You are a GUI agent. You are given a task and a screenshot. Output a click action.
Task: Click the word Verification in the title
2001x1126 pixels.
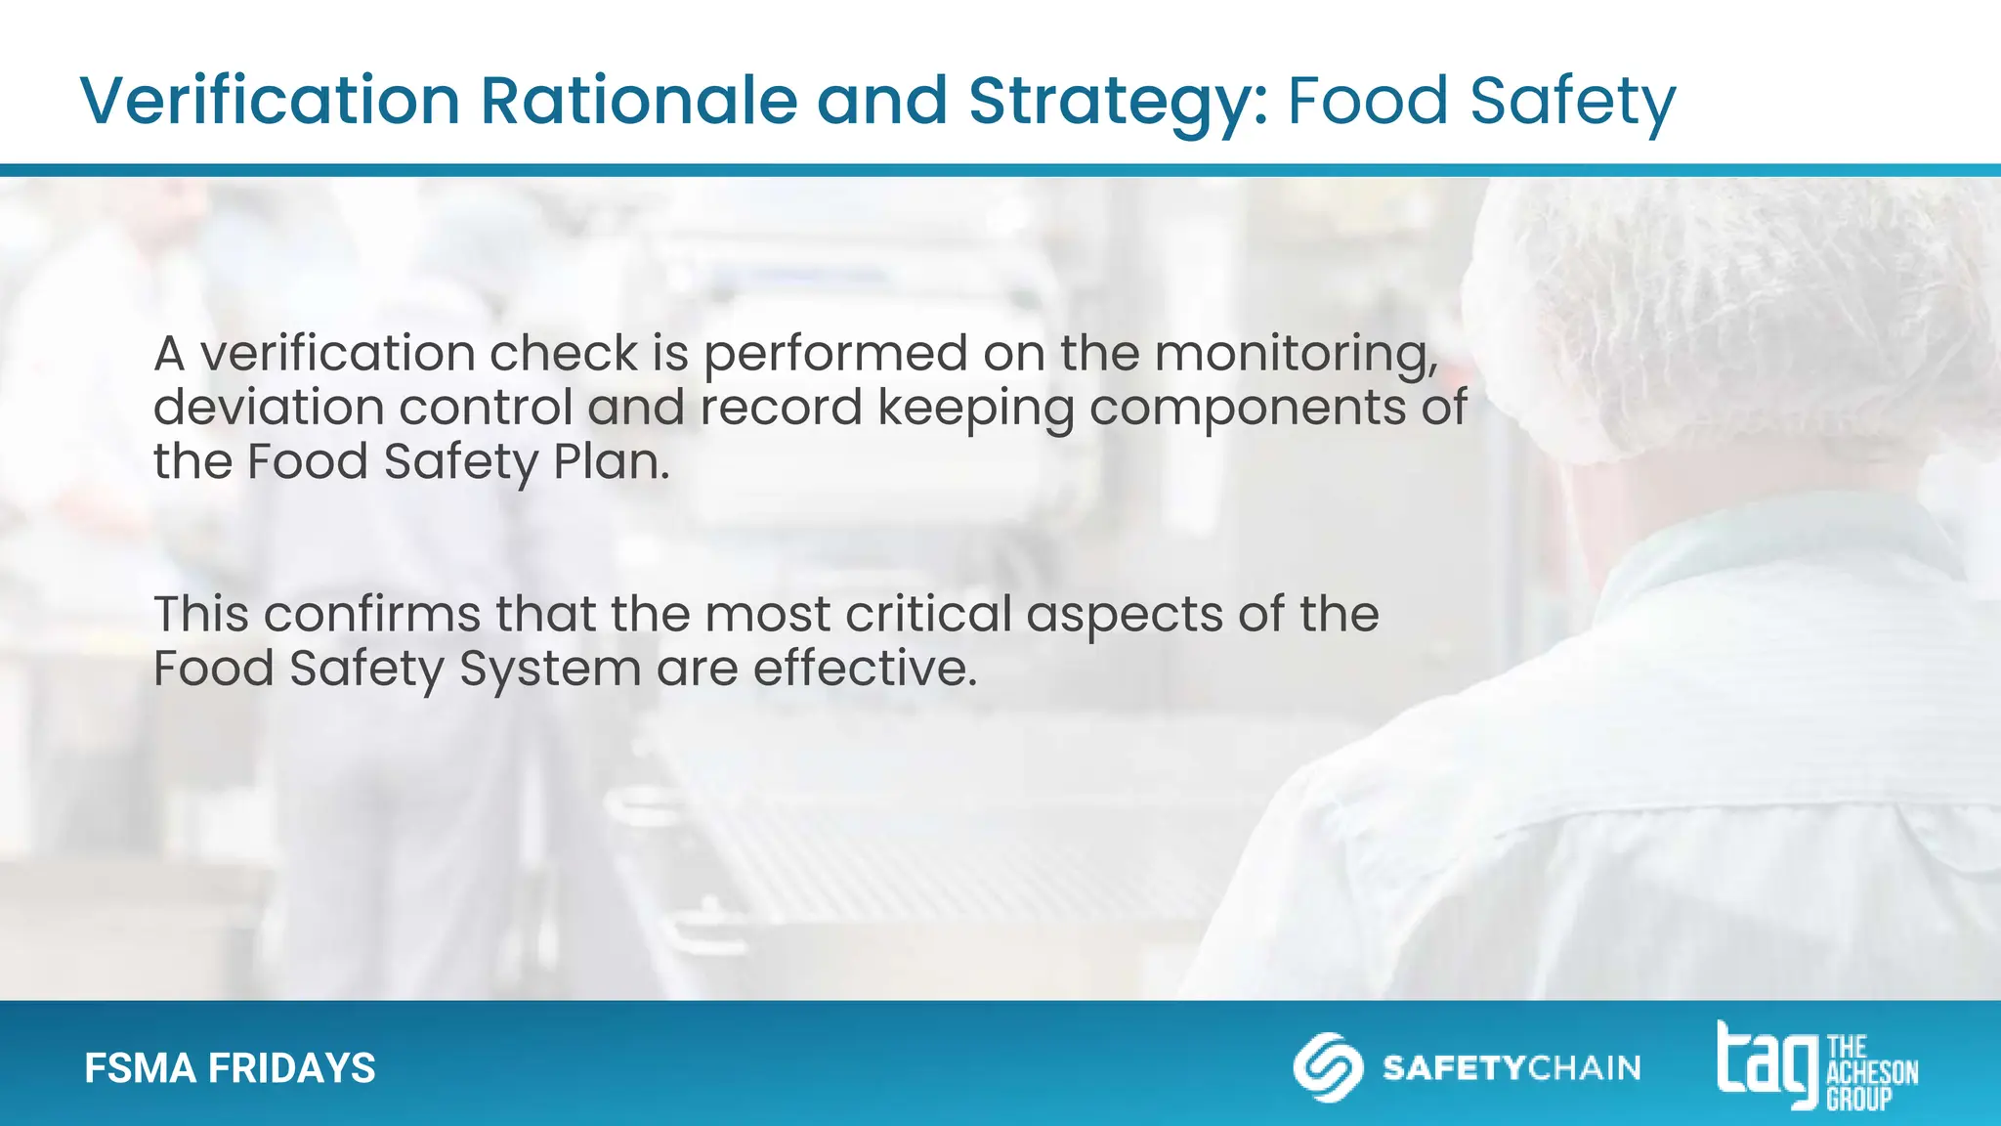[270, 101]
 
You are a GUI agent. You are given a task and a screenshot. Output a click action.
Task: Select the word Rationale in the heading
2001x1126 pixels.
[639, 101]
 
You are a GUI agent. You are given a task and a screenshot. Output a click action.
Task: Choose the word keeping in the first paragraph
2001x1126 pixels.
[975, 409]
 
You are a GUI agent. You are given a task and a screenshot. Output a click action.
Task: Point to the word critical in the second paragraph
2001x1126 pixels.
[928, 614]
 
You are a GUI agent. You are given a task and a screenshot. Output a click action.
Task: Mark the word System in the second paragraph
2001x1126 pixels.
[550, 670]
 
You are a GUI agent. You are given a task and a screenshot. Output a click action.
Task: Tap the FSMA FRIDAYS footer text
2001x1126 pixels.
[230, 1068]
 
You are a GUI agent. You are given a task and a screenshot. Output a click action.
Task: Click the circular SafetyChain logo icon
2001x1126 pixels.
[1328, 1066]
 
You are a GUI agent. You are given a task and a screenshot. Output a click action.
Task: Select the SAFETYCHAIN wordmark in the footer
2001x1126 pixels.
[1511, 1067]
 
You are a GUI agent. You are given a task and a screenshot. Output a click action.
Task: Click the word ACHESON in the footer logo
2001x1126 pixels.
[1872, 1073]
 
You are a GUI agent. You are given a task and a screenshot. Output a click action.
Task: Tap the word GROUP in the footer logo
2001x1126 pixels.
[1859, 1100]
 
